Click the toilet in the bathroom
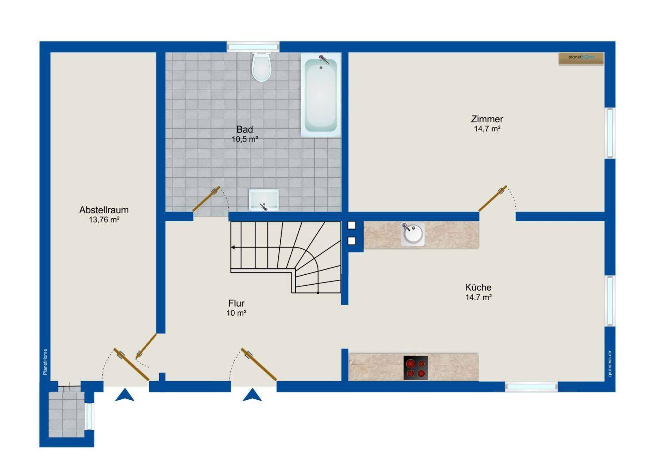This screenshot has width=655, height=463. click(262, 67)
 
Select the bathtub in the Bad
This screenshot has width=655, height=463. click(321, 95)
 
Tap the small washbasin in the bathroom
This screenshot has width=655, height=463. click(263, 200)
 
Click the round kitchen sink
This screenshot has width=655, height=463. click(413, 234)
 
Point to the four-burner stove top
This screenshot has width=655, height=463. click(416, 367)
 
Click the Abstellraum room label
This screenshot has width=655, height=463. click(104, 210)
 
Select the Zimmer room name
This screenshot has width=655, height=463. click(487, 119)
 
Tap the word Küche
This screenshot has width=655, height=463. click(478, 287)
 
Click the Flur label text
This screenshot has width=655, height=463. click(236, 303)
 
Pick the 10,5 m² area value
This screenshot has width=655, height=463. click(245, 139)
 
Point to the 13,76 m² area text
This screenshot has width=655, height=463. click(104, 220)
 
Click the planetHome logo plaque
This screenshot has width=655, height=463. click(581, 59)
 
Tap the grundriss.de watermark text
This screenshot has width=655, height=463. click(610, 363)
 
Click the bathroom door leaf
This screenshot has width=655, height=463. click(206, 199)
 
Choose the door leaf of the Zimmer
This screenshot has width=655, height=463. click(493, 198)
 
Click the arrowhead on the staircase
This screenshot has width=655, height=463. click(233, 247)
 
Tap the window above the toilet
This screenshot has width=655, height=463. click(253, 47)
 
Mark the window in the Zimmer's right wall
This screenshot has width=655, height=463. click(610, 133)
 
